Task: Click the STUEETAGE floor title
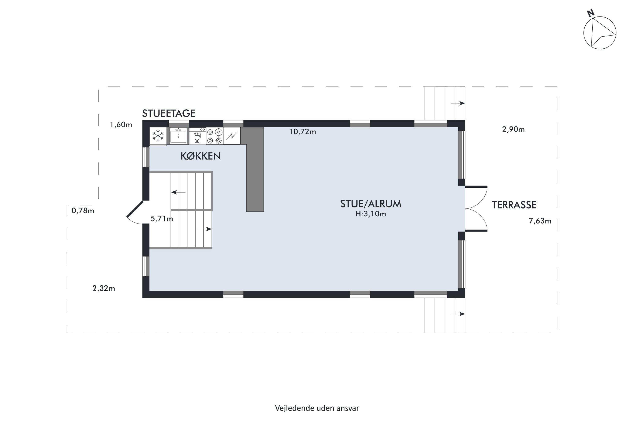click(169, 113)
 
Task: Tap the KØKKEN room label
click(201, 156)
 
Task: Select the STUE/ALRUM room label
click(371, 204)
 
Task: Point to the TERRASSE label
click(514, 205)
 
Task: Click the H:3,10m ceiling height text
click(371, 214)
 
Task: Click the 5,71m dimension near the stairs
click(162, 218)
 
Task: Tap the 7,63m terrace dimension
click(540, 221)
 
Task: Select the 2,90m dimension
click(513, 129)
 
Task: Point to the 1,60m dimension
click(121, 124)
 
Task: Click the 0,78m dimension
click(83, 210)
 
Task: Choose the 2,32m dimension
click(104, 288)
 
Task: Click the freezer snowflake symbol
click(158, 136)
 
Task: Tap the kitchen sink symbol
click(178, 136)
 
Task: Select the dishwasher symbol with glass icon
click(198, 136)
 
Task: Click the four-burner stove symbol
click(215, 136)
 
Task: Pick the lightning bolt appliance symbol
click(232, 136)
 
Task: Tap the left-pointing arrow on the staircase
click(178, 192)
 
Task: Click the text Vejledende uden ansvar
click(317, 408)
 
